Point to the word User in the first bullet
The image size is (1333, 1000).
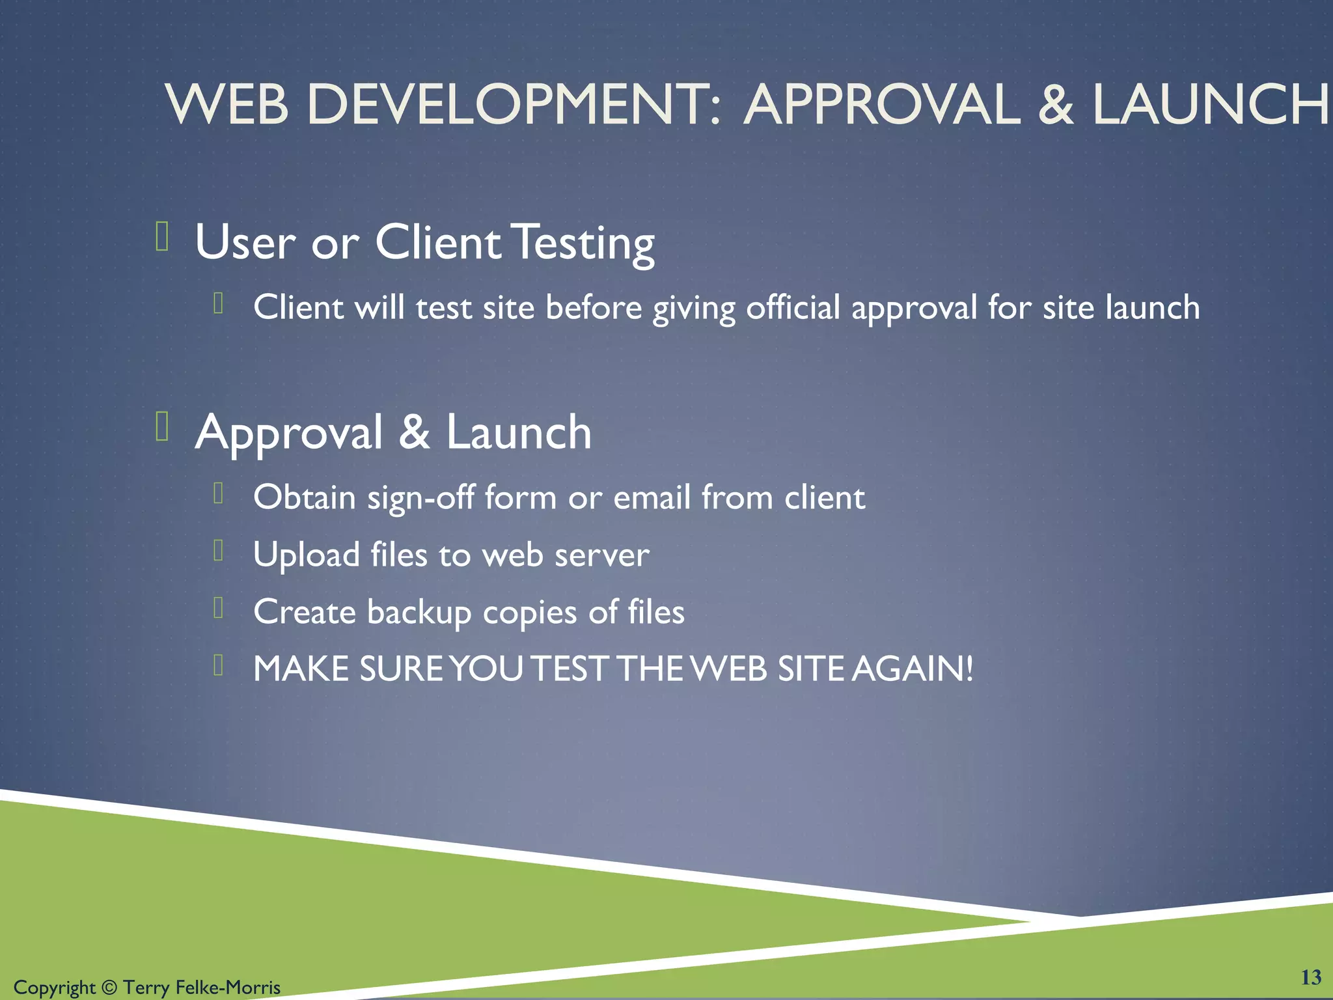(x=245, y=243)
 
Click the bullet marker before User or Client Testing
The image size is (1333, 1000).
(x=162, y=236)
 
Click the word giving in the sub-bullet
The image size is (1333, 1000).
(x=694, y=309)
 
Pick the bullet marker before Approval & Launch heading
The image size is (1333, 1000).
(x=162, y=426)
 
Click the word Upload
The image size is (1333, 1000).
(x=306, y=555)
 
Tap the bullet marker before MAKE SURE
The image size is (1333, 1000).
(x=219, y=665)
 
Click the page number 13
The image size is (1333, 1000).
(x=1311, y=977)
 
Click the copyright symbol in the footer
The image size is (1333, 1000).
(x=109, y=988)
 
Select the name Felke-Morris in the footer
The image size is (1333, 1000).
(x=228, y=988)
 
